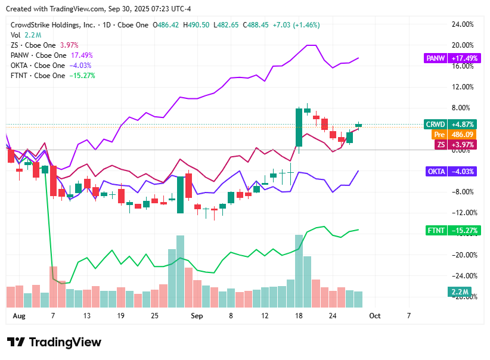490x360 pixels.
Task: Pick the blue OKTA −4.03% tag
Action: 445,172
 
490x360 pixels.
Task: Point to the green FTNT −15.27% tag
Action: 445,231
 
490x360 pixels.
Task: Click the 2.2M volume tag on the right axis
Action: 458,292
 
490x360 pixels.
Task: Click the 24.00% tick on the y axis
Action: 463,24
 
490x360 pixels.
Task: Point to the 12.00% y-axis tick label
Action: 463,87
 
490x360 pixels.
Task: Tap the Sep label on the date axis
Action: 197,315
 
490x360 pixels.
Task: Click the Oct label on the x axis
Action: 375,315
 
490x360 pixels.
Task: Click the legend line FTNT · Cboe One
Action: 38,76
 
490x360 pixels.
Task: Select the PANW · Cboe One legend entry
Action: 39,55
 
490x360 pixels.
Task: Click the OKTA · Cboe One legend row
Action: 39,66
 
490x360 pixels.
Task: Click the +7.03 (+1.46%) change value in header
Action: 296,25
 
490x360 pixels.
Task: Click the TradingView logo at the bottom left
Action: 54,342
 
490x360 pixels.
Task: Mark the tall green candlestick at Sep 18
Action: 299,127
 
